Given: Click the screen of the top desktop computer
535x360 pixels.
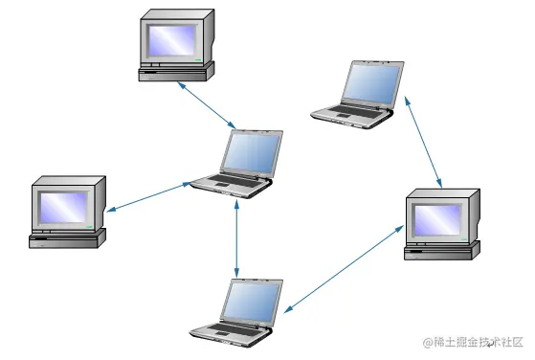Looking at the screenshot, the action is pos(172,39).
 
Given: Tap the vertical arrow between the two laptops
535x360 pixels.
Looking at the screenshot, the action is pos(236,236).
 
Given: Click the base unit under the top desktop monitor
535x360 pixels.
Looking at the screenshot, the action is pos(175,72).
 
